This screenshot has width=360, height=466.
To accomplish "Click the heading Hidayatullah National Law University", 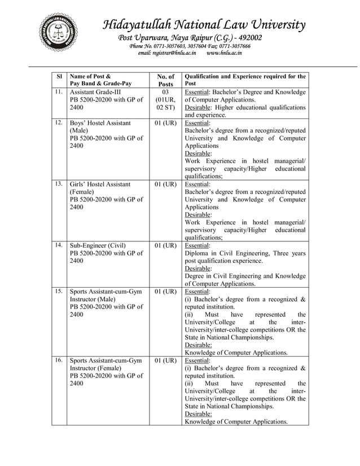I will pos(204,25).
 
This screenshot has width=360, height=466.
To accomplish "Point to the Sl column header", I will pos(59,76).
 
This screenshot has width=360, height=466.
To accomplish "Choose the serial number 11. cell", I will pos(59,91).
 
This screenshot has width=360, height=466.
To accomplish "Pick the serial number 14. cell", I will pos(59,245).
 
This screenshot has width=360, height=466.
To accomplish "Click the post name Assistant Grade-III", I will pos(95,91).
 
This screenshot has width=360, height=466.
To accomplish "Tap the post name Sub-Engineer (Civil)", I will pos(98,245).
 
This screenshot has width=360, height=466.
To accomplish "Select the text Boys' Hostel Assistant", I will pos(100,122).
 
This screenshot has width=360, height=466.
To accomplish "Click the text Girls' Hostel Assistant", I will pos(100,184).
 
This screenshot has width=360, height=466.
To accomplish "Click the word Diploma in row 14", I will pos(198,253).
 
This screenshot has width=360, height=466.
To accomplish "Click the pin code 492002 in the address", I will pos(245,38).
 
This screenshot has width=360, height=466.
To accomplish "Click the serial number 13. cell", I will pos(59,184).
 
